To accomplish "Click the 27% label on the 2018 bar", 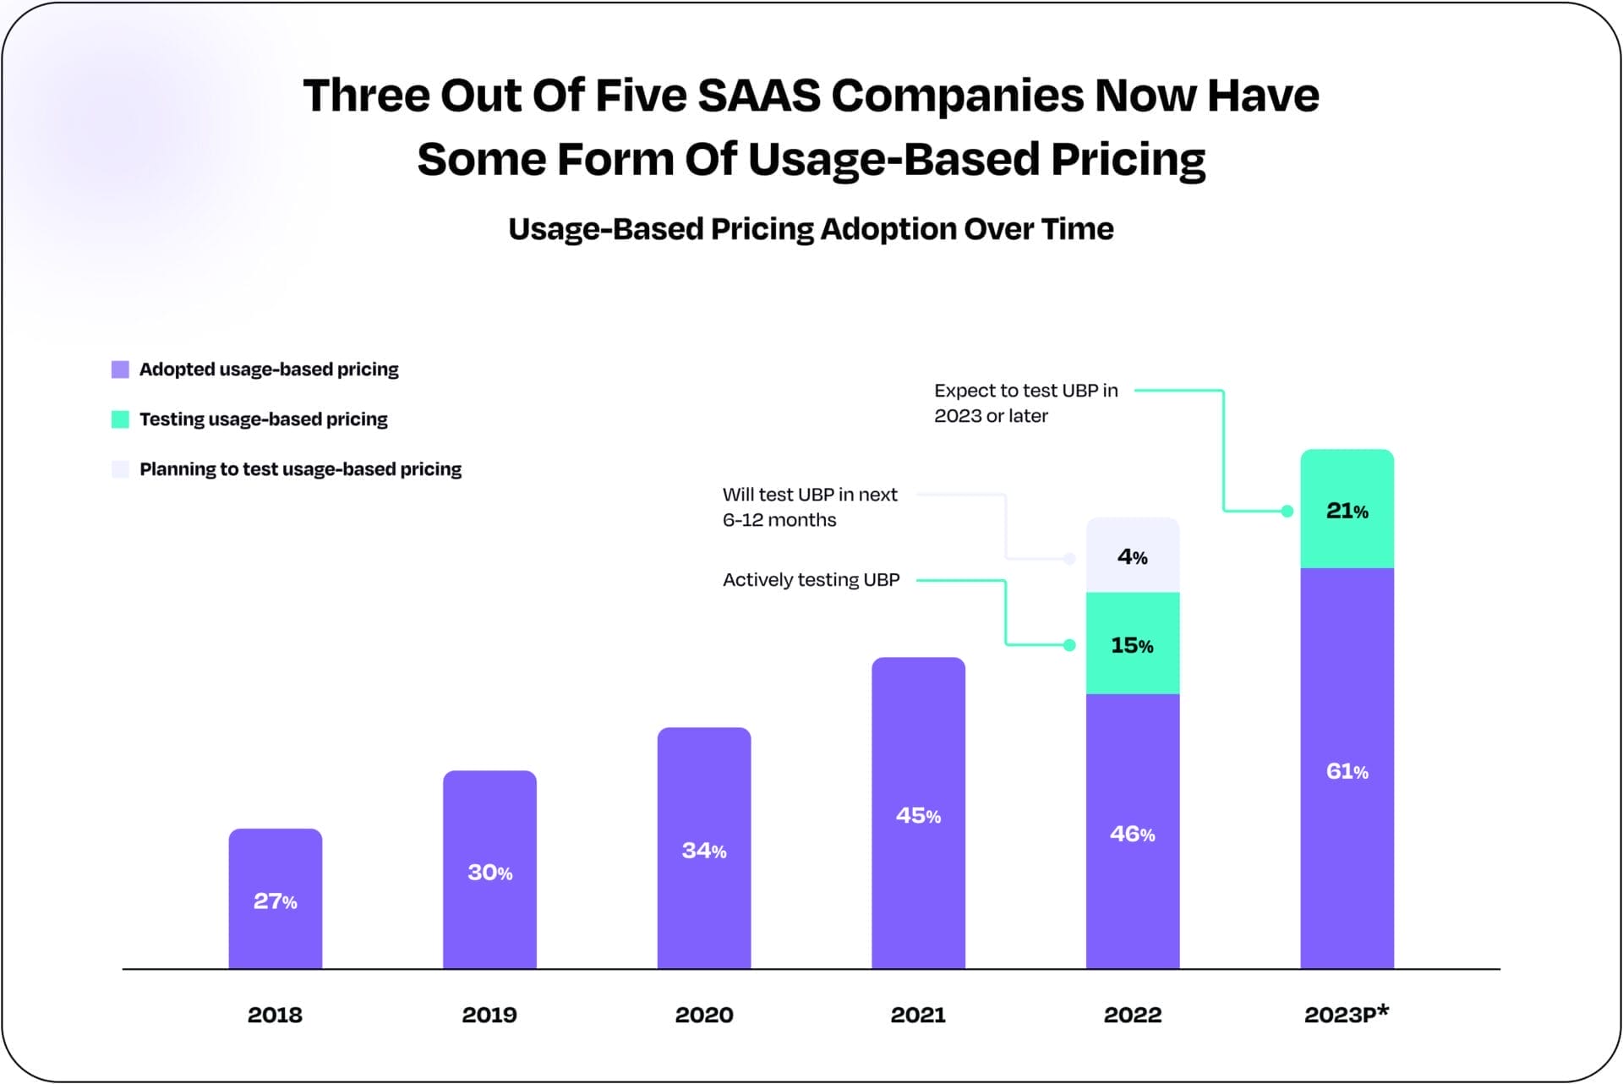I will coord(275,901).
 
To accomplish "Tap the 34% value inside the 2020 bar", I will coord(703,851).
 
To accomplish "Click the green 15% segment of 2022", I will coord(1132,645).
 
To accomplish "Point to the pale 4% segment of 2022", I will coord(1132,556).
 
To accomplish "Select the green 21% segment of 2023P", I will coord(1347,511).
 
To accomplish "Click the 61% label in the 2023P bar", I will coord(1347,771).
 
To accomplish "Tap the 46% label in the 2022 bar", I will coord(1132,834).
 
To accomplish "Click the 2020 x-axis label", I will coord(703,1015).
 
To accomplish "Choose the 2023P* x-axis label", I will coord(1346,1014).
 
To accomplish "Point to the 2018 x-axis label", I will coord(275,1015).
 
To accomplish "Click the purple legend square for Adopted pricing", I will coord(120,370).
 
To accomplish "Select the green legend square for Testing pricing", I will coord(120,419).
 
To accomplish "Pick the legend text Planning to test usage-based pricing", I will coord(300,469).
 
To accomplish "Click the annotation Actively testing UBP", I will coord(811,580).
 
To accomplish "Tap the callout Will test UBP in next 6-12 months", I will coord(809,507).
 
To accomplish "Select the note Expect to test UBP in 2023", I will coord(1025,403).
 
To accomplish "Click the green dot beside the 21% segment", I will coord(1287,511).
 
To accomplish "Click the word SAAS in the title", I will coord(759,95).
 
